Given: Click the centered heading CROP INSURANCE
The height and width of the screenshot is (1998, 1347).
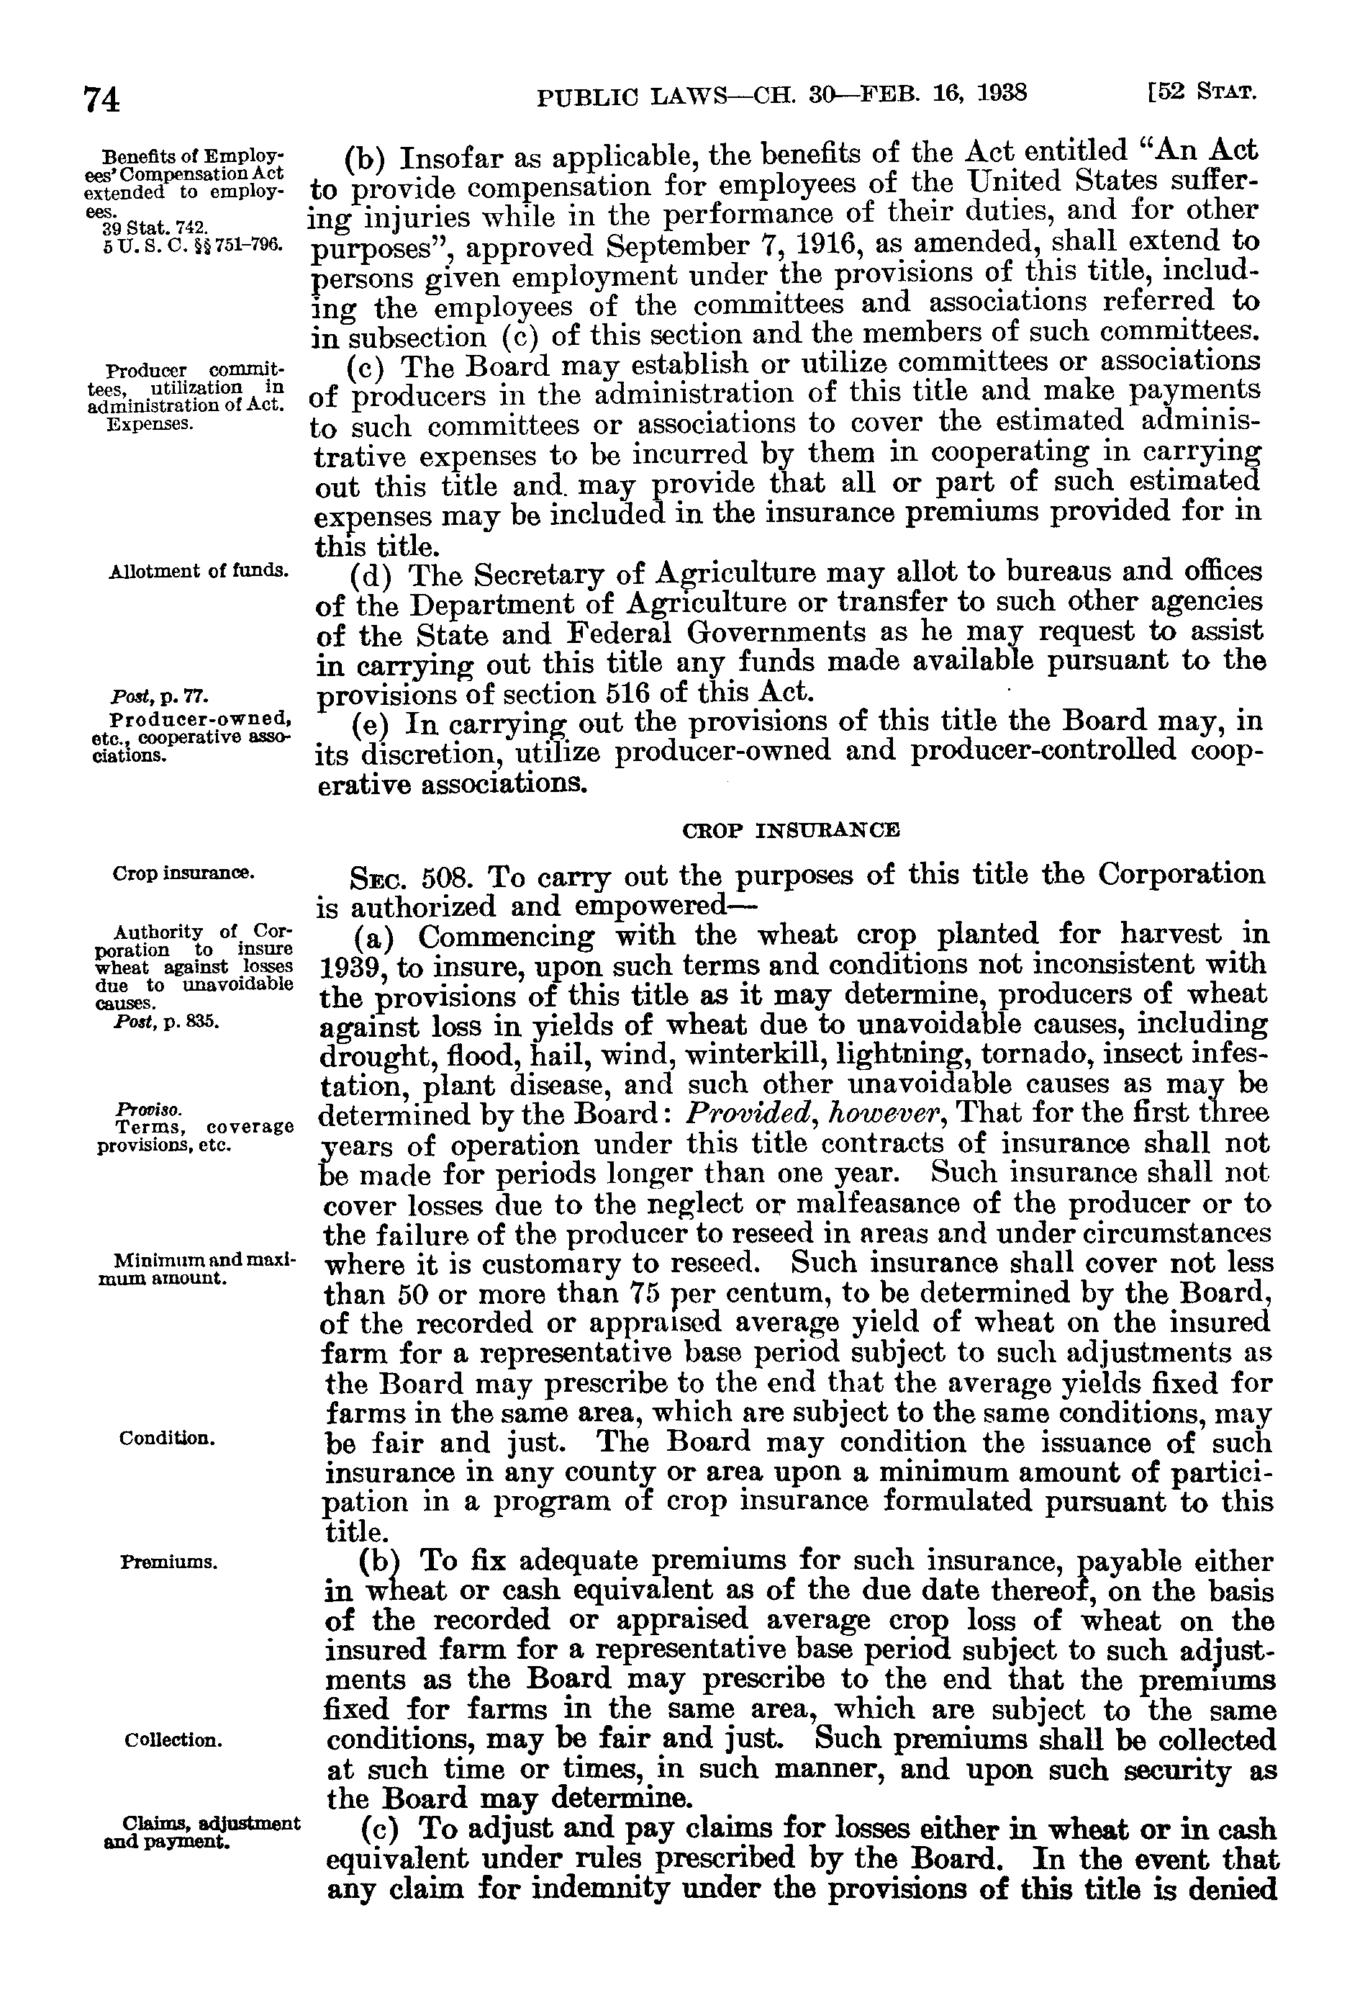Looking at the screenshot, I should point(790,830).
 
